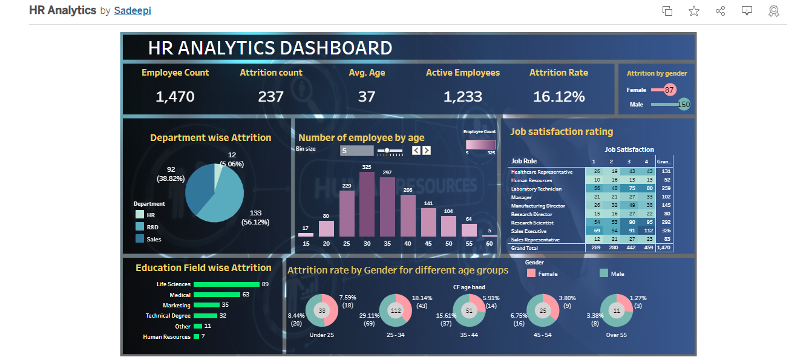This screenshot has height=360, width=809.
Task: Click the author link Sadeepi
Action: [x=132, y=10]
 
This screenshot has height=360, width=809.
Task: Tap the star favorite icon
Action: [x=694, y=11]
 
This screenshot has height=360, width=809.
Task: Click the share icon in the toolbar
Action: [x=720, y=11]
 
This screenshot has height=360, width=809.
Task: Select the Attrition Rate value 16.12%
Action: [x=558, y=96]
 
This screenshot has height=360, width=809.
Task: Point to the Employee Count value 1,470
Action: [x=175, y=96]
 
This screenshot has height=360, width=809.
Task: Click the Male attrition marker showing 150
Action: [x=684, y=105]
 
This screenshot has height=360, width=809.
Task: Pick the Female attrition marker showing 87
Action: [x=669, y=90]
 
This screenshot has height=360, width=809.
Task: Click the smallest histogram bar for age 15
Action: [x=306, y=234]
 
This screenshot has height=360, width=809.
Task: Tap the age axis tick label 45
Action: [x=428, y=243]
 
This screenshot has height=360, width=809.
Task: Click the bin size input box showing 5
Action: [x=356, y=151]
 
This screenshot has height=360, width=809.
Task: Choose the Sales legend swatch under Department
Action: [x=140, y=239]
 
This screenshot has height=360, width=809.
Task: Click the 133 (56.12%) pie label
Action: [x=255, y=217]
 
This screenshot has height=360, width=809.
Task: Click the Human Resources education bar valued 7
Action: [x=196, y=337]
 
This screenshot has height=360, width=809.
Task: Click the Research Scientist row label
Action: [x=532, y=223]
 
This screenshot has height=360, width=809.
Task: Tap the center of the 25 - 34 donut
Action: [x=396, y=310]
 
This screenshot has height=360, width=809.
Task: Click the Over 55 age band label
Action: [x=616, y=335]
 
